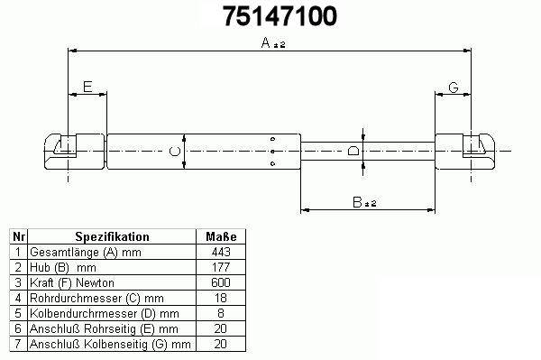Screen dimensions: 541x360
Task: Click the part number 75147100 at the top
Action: pyautogui.click(x=280, y=16)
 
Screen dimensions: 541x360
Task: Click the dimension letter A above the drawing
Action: pyautogui.click(x=265, y=42)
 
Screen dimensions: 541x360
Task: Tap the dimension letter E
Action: pyautogui.click(x=87, y=87)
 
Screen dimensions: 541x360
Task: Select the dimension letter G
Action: pyautogui.click(x=454, y=88)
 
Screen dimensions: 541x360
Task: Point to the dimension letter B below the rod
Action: pyautogui.click(x=357, y=202)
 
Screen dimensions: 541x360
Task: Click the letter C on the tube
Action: pyautogui.click(x=175, y=152)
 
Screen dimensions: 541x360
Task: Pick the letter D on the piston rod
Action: pyautogui.click(x=353, y=151)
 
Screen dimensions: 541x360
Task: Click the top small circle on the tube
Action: pyautogui.click(x=272, y=139)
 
